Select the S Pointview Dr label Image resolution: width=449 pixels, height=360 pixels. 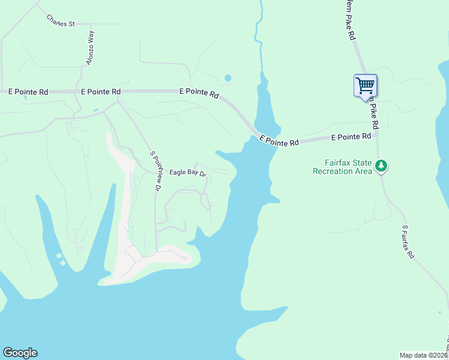click(156, 171)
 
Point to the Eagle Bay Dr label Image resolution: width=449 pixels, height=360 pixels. click(187, 173)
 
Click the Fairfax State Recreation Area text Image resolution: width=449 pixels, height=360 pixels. click(340, 166)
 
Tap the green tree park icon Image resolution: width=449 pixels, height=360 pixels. click(381, 166)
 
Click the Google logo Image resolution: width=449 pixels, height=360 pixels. click(20, 353)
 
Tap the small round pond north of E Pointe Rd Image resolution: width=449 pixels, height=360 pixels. click(228, 78)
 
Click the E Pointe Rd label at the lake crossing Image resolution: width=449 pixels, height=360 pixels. click(279, 142)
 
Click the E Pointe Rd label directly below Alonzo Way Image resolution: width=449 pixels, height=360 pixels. click(101, 92)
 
